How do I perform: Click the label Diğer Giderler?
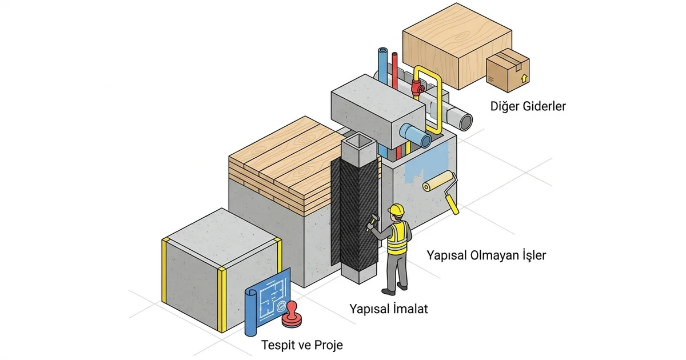(x=528, y=106)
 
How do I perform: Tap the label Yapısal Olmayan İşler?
(x=486, y=255)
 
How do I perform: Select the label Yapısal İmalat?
(x=389, y=309)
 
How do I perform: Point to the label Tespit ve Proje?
(x=302, y=345)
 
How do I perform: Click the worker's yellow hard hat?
(x=396, y=210)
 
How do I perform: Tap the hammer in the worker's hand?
(x=373, y=222)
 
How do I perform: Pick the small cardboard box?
(x=508, y=70)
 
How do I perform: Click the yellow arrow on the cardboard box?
(x=524, y=78)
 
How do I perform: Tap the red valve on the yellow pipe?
(x=417, y=87)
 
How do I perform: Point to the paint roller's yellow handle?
(x=452, y=204)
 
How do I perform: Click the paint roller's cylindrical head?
(x=438, y=181)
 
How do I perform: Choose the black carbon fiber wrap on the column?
(x=354, y=214)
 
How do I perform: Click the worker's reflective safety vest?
(x=397, y=238)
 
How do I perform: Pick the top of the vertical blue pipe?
(x=383, y=51)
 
